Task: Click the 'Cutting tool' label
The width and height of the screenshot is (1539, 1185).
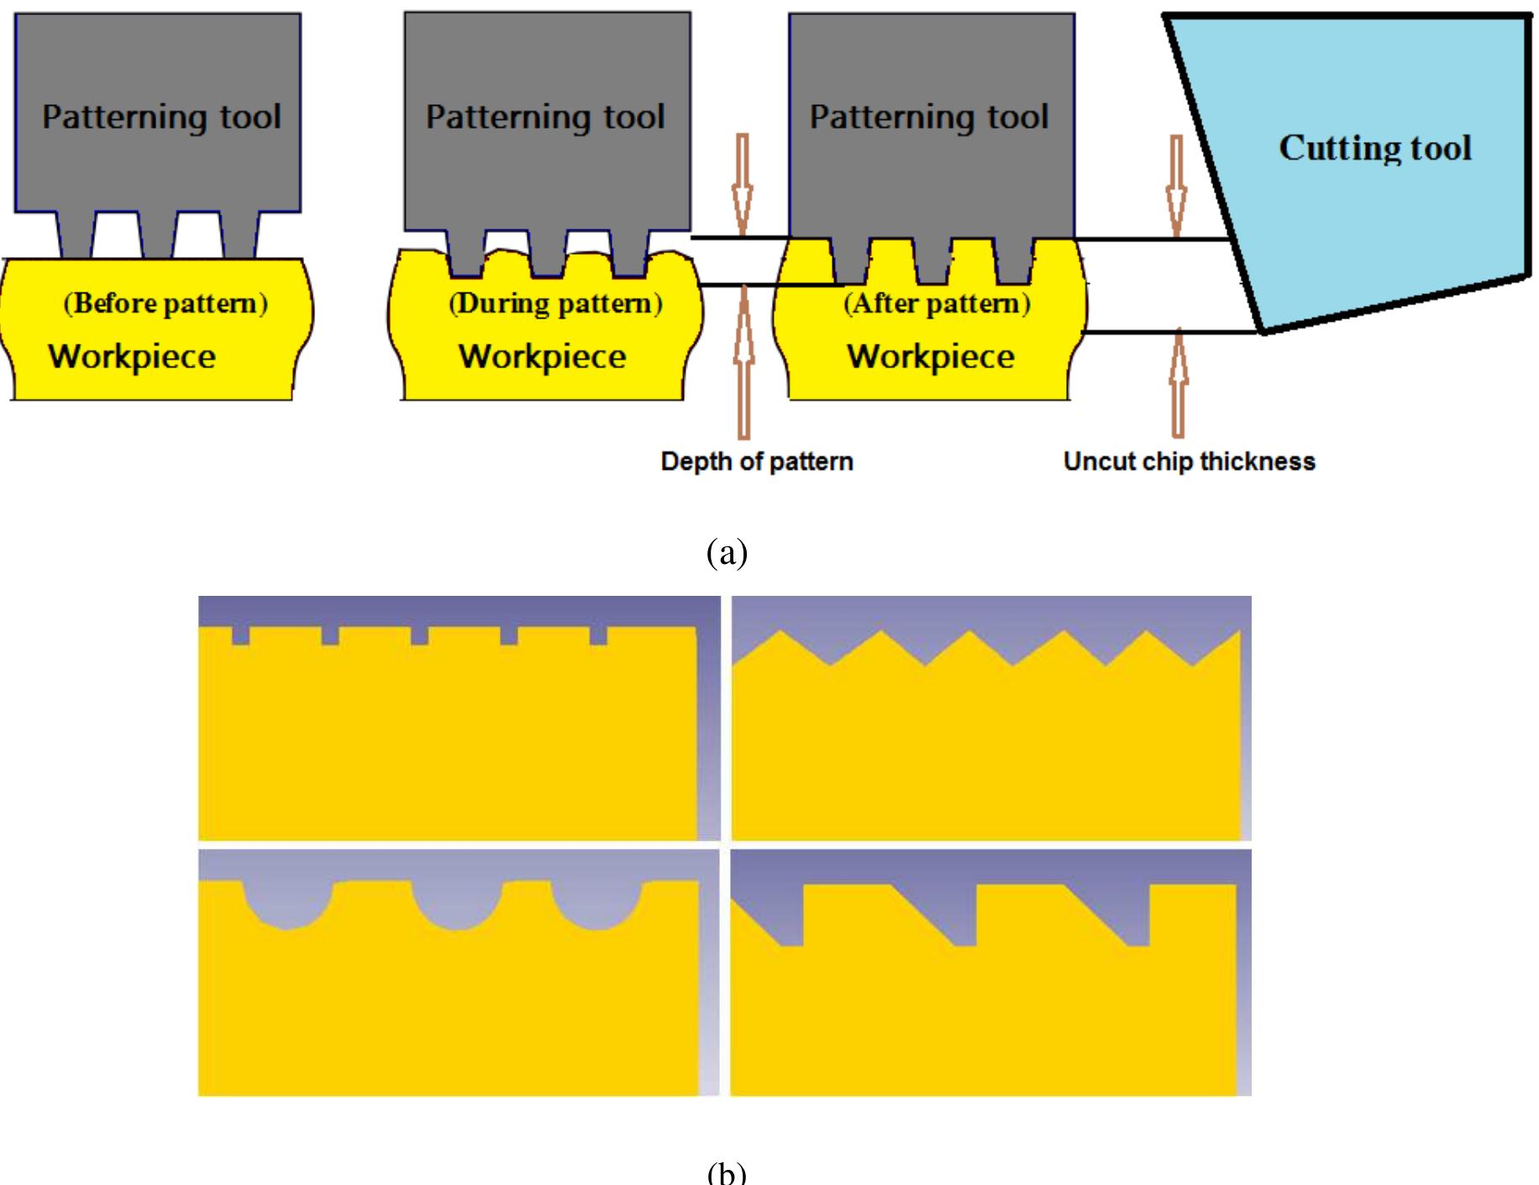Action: [1375, 149]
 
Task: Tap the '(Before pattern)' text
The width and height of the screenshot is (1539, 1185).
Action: [165, 303]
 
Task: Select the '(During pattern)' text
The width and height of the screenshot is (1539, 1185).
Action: [555, 303]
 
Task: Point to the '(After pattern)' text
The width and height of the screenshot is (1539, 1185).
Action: [937, 303]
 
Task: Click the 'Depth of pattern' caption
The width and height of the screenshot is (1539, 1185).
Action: [756, 461]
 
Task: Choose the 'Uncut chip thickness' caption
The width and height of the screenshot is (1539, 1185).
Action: [1189, 461]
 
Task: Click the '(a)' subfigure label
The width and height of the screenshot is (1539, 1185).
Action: [727, 553]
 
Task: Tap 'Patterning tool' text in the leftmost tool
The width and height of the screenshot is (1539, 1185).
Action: [161, 117]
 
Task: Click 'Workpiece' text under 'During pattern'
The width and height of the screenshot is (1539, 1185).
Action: [542, 356]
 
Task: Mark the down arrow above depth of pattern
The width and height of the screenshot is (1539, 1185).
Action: [743, 185]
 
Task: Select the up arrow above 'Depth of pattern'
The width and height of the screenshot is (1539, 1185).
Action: [743, 361]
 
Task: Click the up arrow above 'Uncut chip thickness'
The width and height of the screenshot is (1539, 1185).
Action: [1179, 382]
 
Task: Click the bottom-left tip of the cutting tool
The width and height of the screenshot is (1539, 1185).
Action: [1263, 331]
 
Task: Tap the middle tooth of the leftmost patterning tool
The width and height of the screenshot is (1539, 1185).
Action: [157, 235]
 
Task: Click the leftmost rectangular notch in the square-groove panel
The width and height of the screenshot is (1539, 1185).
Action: [240, 636]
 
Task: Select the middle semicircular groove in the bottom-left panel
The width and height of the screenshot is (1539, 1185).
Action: [457, 906]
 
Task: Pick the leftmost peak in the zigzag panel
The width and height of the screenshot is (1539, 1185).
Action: [783, 632]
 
